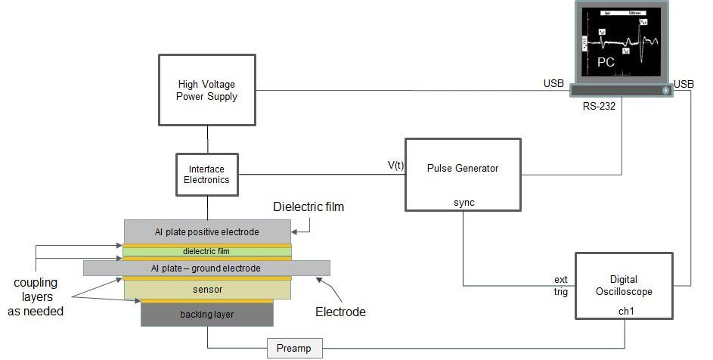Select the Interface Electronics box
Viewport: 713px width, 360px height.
pos(207,174)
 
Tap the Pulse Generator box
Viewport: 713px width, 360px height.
pos(463,173)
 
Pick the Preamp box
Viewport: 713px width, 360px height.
pos(294,349)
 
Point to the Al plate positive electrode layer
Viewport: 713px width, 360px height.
pos(206,231)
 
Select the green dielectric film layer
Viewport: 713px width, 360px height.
pos(206,251)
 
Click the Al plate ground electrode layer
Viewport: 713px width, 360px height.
pos(206,268)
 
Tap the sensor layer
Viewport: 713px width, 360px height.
pos(206,288)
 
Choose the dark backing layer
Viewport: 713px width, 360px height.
pos(206,314)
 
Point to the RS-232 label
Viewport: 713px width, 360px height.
pos(598,106)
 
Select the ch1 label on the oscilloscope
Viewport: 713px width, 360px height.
pos(625,310)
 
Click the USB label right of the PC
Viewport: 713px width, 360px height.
pos(684,83)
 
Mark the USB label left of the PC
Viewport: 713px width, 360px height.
pos(553,83)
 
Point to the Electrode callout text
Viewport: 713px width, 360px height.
pos(340,311)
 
